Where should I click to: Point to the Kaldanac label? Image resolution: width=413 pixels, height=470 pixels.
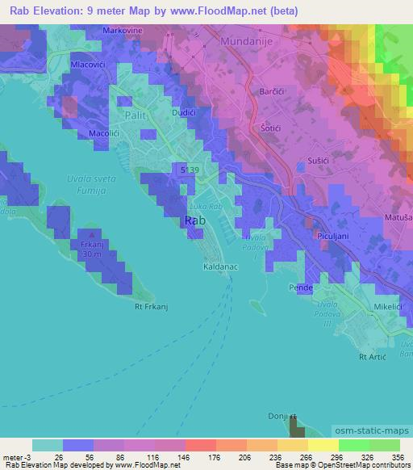(x=219, y=265)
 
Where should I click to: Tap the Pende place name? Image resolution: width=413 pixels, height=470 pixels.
(x=301, y=287)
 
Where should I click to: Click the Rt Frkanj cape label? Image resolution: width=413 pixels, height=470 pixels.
(x=150, y=306)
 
